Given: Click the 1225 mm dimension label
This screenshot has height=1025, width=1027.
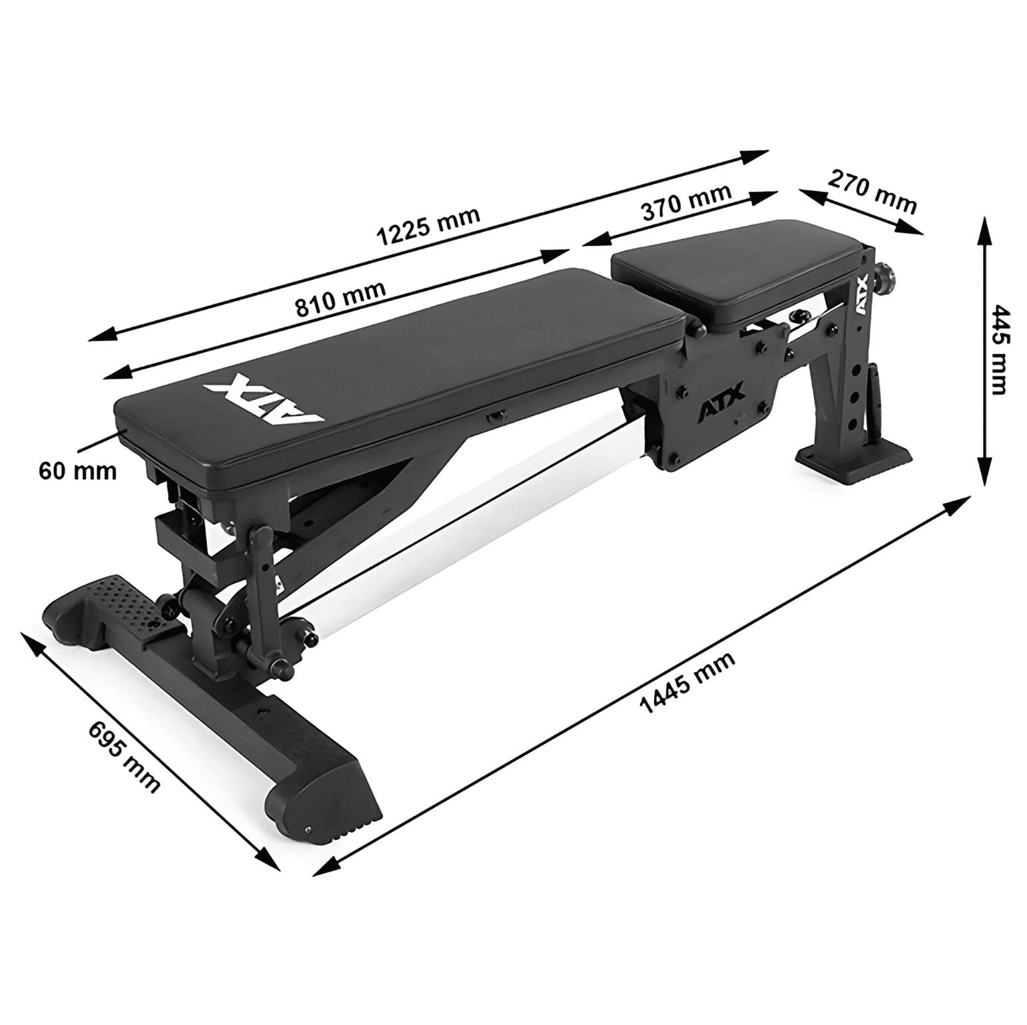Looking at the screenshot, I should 428,226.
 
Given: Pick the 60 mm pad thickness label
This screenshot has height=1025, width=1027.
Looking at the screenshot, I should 77,471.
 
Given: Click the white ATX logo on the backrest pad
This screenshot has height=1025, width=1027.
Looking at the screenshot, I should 264,399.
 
